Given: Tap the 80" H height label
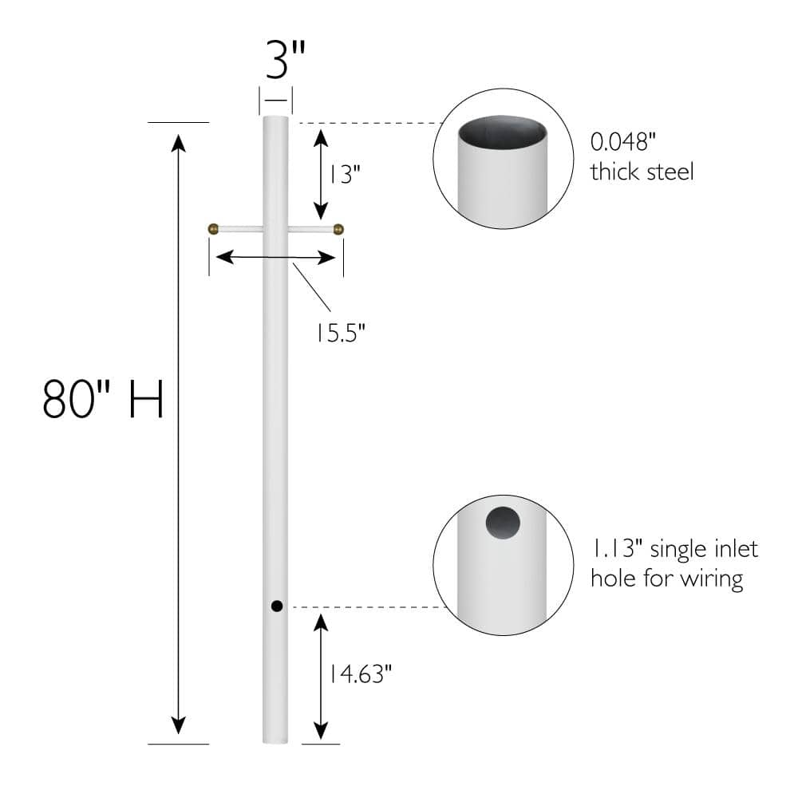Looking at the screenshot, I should (x=103, y=399).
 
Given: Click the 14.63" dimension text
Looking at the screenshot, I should (x=358, y=674).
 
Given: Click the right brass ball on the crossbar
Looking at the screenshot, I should (x=338, y=229).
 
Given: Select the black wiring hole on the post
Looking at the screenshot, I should (x=276, y=606).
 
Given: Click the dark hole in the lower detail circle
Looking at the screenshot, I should (x=503, y=523).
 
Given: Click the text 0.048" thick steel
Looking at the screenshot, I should (x=642, y=157).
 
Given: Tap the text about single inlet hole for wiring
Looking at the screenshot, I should (x=674, y=563).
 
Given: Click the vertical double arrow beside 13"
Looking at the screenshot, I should (x=321, y=173).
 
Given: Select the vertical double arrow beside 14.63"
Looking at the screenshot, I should (x=321, y=675).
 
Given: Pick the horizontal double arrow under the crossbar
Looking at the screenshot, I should (x=276, y=257).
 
